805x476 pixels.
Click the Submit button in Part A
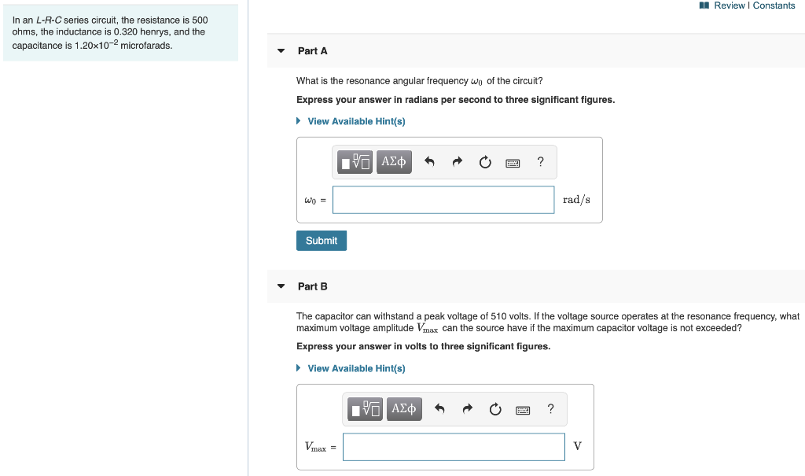321,241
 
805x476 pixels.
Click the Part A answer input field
443,200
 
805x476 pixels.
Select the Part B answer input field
454,447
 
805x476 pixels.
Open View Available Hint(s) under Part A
356,121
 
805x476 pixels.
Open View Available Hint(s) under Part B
356,368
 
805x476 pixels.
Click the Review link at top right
728,6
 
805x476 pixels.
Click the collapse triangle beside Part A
281,51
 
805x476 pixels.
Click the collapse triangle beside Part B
281,286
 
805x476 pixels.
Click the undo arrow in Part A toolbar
429,163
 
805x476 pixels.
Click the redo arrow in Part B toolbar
467,409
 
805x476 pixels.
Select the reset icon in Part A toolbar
485,163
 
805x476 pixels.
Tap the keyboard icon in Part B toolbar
523,409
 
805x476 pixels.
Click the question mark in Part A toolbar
540,162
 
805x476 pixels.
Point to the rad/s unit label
576,200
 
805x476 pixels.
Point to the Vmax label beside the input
316,447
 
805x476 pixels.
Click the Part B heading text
313,286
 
